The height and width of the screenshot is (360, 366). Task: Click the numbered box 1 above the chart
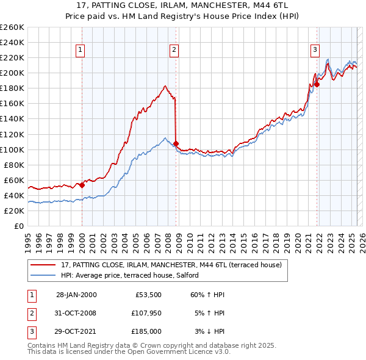(x=81, y=51)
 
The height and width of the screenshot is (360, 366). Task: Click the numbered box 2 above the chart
(x=174, y=51)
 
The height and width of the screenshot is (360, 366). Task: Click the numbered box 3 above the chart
(x=315, y=51)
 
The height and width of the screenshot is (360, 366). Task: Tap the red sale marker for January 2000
(x=82, y=185)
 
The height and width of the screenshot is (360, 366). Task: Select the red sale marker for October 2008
(x=176, y=143)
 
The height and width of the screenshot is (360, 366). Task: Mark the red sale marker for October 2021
(x=317, y=84)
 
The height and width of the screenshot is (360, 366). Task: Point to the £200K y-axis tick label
(x=12, y=73)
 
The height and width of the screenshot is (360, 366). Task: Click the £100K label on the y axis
(x=12, y=149)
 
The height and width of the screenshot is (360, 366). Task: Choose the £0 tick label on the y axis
(x=18, y=226)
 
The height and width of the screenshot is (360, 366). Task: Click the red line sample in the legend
(x=42, y=265)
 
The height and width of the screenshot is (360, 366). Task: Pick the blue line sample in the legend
(x=42, y=276)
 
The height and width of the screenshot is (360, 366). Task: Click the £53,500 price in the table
(x=148, y=295)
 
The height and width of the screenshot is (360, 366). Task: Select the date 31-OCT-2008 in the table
(x=76, y=313)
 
